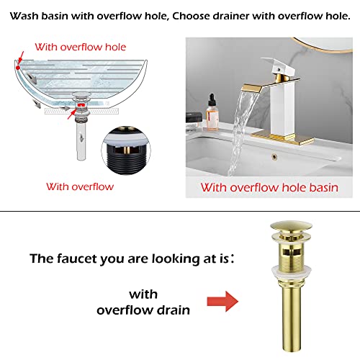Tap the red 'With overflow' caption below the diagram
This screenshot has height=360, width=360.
[x=80, y=186]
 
